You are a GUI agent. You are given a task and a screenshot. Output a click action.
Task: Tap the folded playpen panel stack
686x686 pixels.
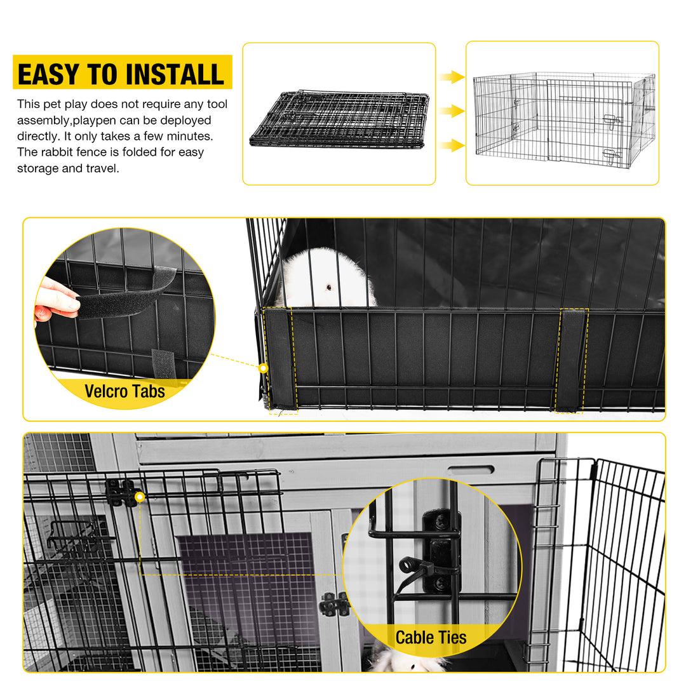pyautogui.click(x=339, y=119)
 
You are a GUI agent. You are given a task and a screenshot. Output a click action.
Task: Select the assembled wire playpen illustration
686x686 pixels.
pyautogui.click(x=563, y=119)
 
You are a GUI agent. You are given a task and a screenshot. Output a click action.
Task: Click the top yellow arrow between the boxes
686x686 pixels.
pyautogui.click(x=452, y=77)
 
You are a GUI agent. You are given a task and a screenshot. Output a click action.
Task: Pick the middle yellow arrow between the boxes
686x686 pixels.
pyautogui.click(x=452, y=111)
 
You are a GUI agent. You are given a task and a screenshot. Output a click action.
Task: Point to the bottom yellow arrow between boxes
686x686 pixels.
pyautogui.click(x=452, y=145)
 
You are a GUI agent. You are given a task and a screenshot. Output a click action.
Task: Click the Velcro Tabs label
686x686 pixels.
pyautogui.click(x=124, y=391)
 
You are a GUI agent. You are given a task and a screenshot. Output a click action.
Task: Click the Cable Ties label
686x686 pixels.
pyautogui.click(x=431, y=637)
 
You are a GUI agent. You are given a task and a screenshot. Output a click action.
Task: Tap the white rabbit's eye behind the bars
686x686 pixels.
pyautogui.click(x=328, y=287)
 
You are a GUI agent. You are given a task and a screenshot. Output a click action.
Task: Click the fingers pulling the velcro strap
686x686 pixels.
pyautogui.click(x=56, y=301)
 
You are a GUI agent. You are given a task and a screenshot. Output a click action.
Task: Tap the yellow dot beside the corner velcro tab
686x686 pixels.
pyautogui.click(x=262, y=368)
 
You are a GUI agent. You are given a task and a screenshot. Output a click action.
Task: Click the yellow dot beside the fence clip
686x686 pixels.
pyautogui.click(x=139, y=496)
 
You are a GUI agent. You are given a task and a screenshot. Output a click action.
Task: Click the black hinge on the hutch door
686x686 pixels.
pyautogui.click(x=334, y=604)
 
